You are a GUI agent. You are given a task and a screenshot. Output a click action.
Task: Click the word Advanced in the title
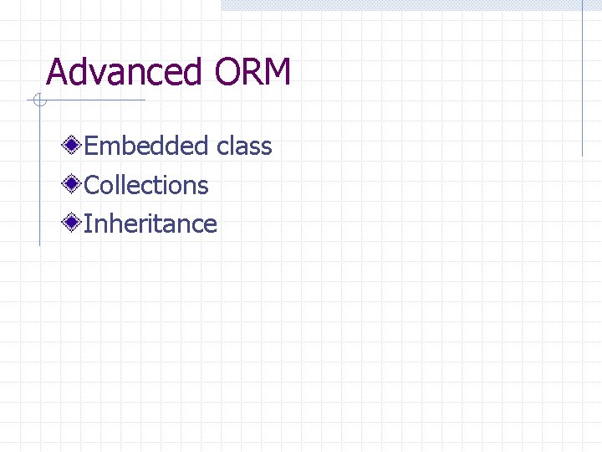pos(124,72)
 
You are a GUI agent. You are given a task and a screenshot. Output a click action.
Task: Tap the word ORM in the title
pos(253,72)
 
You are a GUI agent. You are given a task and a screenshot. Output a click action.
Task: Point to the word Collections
pos(146,185)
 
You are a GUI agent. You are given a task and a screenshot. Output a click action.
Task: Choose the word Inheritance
pos(150,223)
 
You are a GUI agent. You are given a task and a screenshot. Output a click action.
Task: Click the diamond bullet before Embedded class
pos(74,146)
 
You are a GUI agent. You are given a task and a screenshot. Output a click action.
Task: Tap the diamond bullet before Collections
pos(74,184)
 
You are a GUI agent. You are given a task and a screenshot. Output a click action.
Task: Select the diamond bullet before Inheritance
pos(74,223)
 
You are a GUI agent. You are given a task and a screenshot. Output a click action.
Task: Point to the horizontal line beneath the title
pos(92,101)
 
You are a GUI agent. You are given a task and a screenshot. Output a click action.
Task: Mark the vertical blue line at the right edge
pos(582,80)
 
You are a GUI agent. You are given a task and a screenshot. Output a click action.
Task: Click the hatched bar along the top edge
pos(410,5)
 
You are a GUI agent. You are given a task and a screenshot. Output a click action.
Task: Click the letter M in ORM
pos(277,72)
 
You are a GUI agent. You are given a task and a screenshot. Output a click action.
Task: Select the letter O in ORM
pos(228,72)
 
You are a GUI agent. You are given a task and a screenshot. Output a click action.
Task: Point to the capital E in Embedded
pos(91,146)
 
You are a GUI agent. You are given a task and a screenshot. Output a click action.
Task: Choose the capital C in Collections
pos(92,185)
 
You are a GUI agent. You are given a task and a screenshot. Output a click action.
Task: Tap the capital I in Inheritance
pos(88,223)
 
